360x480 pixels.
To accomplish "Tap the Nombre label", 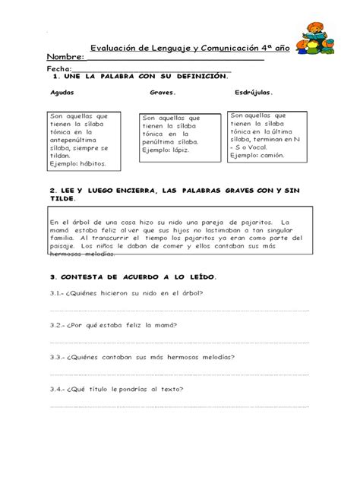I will coord(65,58).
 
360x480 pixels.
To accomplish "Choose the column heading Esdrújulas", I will coord(254,94).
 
